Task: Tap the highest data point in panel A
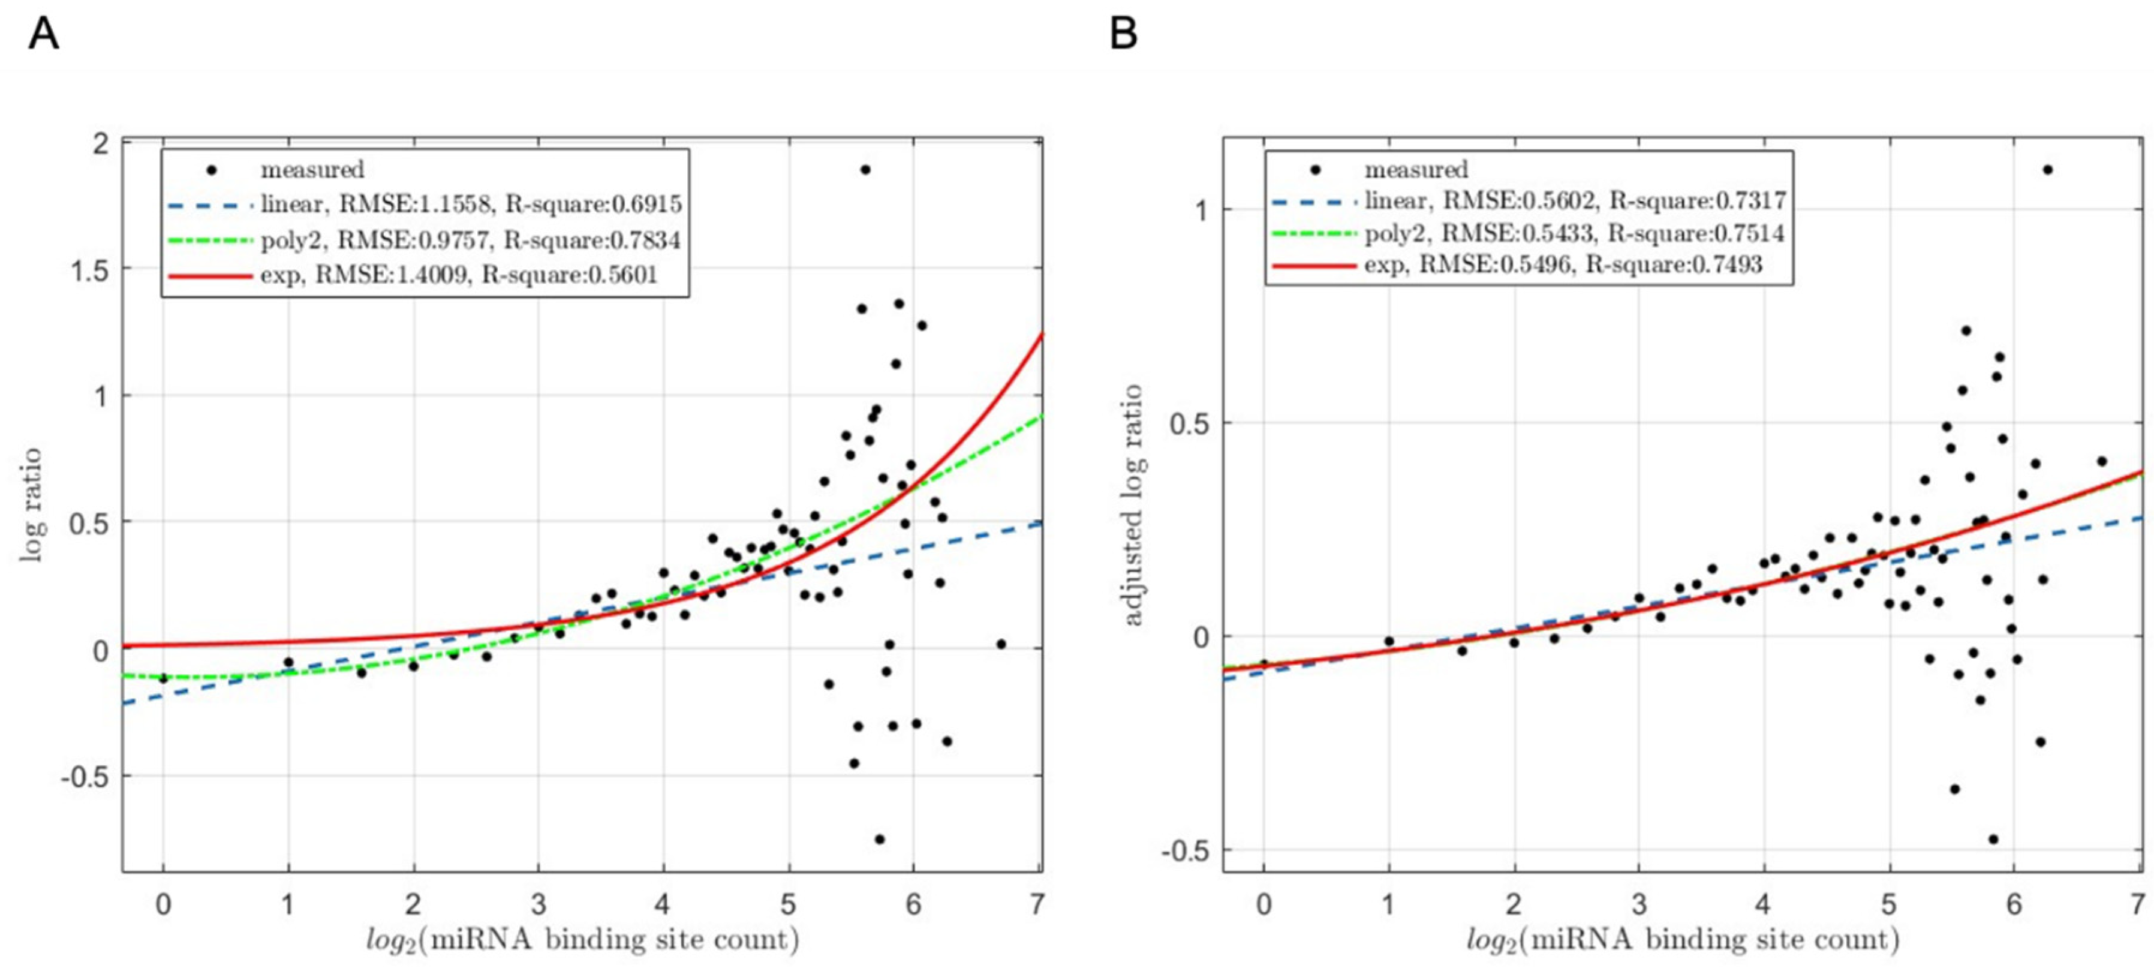865,170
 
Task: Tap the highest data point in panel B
2048,170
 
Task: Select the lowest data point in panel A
880,839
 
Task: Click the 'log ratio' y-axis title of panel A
32,504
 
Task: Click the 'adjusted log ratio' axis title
1132,504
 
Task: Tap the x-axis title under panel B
1683,940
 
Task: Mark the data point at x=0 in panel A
164,678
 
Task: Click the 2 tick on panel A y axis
100,144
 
